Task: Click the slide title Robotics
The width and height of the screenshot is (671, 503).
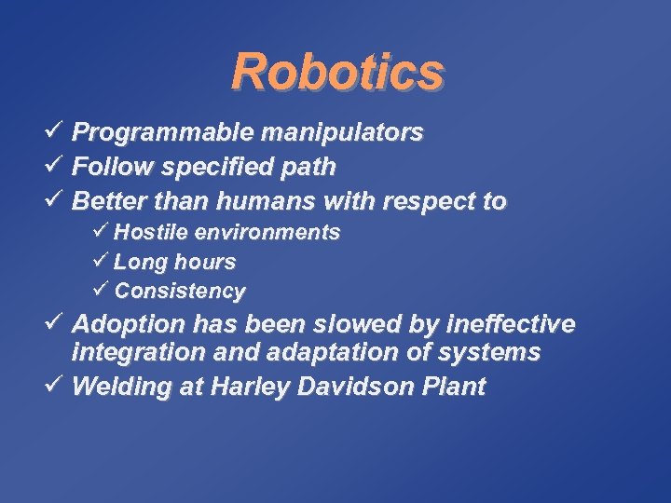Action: (336, 72)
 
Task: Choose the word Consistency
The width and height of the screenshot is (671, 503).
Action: (180, 292)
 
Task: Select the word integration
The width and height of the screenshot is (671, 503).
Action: (131, 353)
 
